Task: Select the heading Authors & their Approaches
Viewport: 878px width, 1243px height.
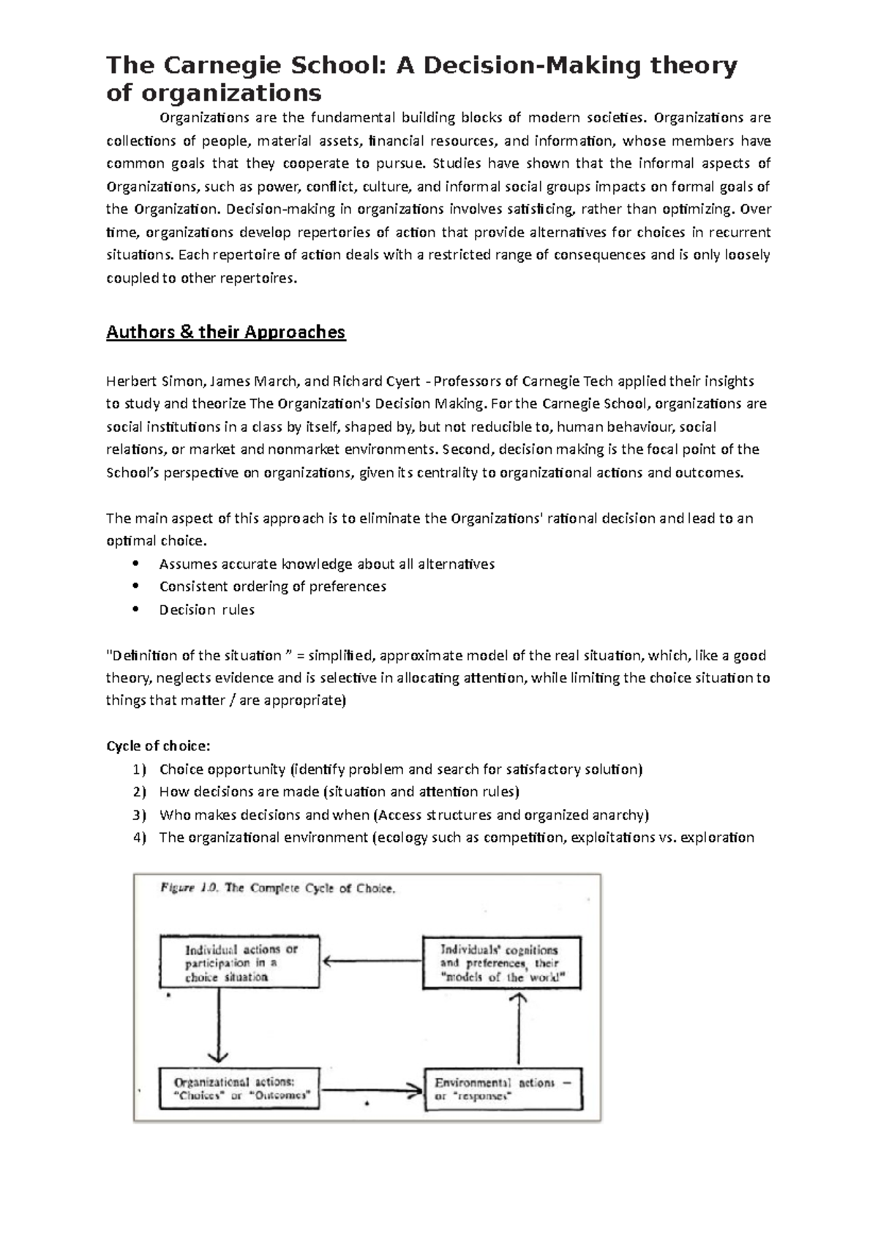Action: click(225, 332)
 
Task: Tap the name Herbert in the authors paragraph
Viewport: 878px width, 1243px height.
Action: click(130, 381)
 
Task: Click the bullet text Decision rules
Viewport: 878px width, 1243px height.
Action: click(207, 610)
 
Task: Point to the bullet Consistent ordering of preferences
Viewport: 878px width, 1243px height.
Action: click(272, 586)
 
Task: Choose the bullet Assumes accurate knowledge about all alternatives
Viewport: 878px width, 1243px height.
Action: click(326, 564)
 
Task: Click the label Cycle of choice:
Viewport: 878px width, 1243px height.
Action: click(158, 746)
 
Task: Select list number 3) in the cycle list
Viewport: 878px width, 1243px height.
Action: click(140, 815)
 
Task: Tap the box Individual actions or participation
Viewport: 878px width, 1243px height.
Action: click(239, 963)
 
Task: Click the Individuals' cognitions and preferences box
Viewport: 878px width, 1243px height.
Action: click(502, 963)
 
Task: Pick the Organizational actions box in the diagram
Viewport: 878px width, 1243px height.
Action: click(239, 1089)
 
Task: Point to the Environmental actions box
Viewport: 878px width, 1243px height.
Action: click(503, 1089)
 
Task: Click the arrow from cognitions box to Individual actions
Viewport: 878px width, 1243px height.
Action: click(372, 962)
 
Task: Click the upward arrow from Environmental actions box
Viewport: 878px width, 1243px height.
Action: click(519, 1029)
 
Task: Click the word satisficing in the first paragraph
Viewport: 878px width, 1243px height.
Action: click(538, 209)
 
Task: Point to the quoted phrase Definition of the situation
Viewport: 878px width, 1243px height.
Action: click(196, 655)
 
